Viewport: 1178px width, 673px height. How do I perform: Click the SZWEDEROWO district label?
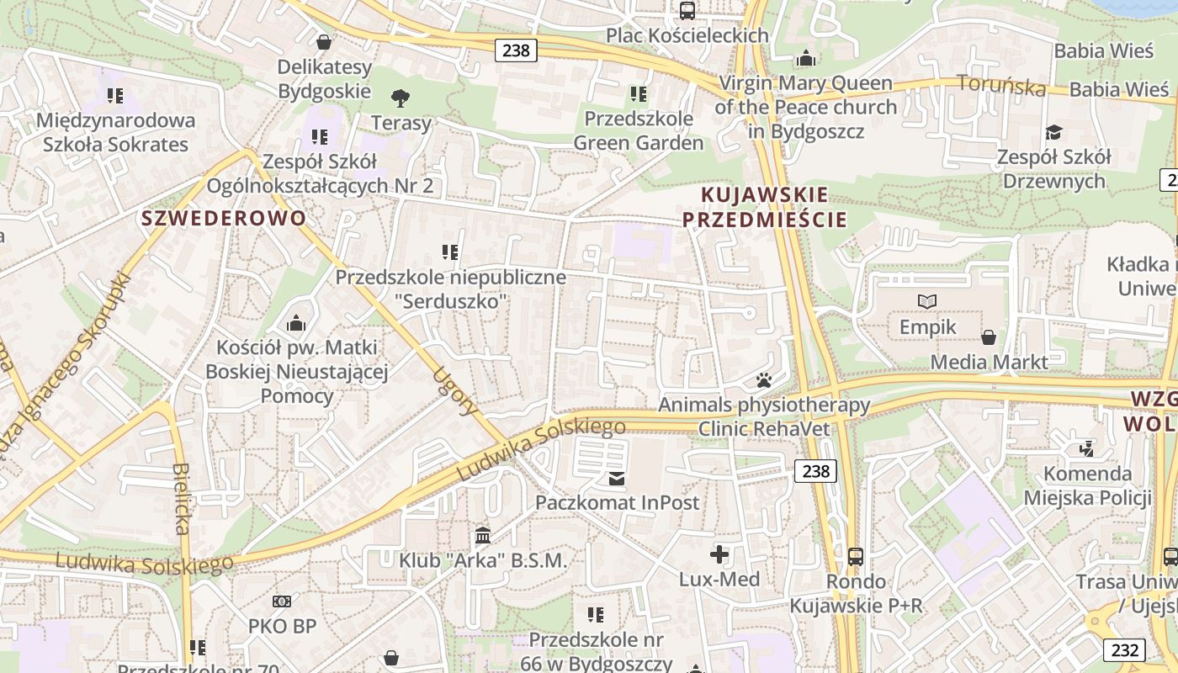(224, 219)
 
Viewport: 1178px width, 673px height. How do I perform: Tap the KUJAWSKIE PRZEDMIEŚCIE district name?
(764, 208)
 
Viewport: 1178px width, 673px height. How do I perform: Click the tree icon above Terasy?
(401, 98)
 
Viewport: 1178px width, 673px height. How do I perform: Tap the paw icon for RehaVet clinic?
(764, 380)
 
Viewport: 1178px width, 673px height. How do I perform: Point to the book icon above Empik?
(927, 301)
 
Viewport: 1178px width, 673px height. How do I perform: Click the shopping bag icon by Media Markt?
(989, 337)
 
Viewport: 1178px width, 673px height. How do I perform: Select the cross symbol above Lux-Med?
(719, 554)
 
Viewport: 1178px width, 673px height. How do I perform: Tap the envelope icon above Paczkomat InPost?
(618, 479)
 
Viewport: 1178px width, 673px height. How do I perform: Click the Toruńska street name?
(1001, 85)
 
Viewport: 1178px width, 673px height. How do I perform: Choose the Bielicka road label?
(182, 499)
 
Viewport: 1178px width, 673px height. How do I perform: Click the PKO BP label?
(282, 626)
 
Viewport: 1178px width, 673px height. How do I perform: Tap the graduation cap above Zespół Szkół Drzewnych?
(1053, 132)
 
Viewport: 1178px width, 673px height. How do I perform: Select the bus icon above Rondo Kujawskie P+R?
(856, 556)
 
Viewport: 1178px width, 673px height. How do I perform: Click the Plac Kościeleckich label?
(687, 35)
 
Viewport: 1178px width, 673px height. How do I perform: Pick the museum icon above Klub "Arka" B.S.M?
(483, 535)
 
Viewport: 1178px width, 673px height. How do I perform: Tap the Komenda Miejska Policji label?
(1087, 485)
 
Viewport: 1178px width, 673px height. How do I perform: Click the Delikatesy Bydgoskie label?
(324, 78)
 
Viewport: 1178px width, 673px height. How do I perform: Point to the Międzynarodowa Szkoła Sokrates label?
(116, 132)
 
